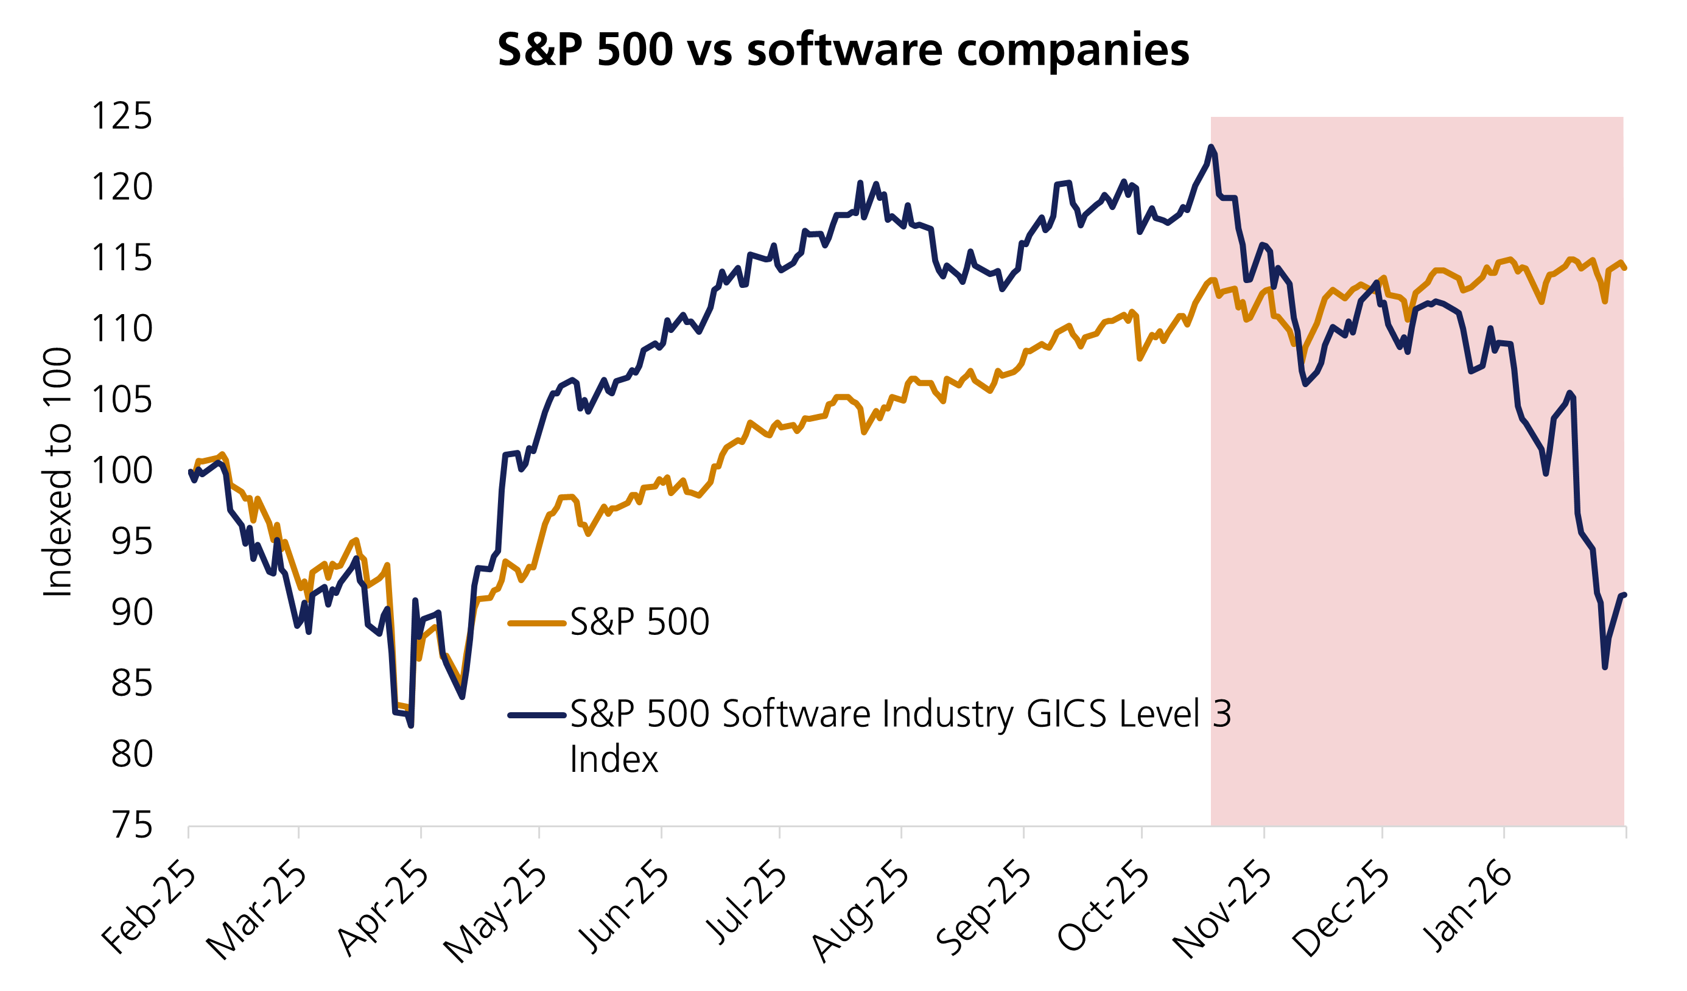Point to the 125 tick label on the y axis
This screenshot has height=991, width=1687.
point(122,116)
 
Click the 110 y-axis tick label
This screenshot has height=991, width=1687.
point(122,329)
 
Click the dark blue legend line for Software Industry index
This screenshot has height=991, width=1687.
point(538,715)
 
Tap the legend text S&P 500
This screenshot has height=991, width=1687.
point(639,622)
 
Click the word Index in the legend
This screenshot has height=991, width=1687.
point(614,760)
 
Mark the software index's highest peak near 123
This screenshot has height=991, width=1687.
point(1211,147)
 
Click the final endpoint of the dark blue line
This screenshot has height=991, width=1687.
point(1625,594)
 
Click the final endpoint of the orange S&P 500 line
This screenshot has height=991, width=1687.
point(1625,268)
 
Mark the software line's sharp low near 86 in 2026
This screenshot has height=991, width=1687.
point(1605,667)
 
